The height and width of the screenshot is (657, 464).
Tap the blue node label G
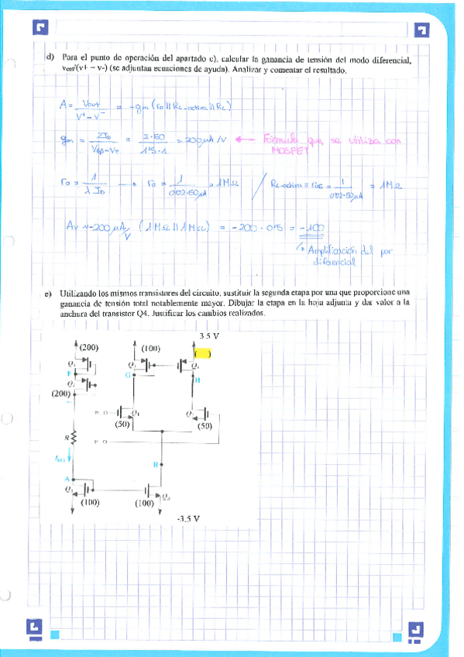pyautogui.click(x=128, y=376)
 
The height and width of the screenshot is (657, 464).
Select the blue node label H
pyautogui.click(x=197, y=379)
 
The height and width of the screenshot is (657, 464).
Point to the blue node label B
pyautogui.click(x=156, y=465)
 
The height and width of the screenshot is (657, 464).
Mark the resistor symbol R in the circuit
pyautogui.click(x=73, y=438)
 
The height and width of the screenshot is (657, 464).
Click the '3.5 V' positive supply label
pyautogui.click(x=209, y=336)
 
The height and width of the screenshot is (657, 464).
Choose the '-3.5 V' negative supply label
pyautogui.click(x=185, y=519)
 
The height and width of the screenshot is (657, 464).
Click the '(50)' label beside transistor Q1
pyautogui.click(x=121, y=426)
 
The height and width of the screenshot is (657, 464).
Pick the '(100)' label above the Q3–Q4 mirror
pyautogui.click(x=150, y=349)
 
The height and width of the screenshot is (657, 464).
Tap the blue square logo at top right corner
pyautogui.click(x=422, y=30)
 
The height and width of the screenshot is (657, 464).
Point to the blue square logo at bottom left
pyautogui.click(x=35, y=626)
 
